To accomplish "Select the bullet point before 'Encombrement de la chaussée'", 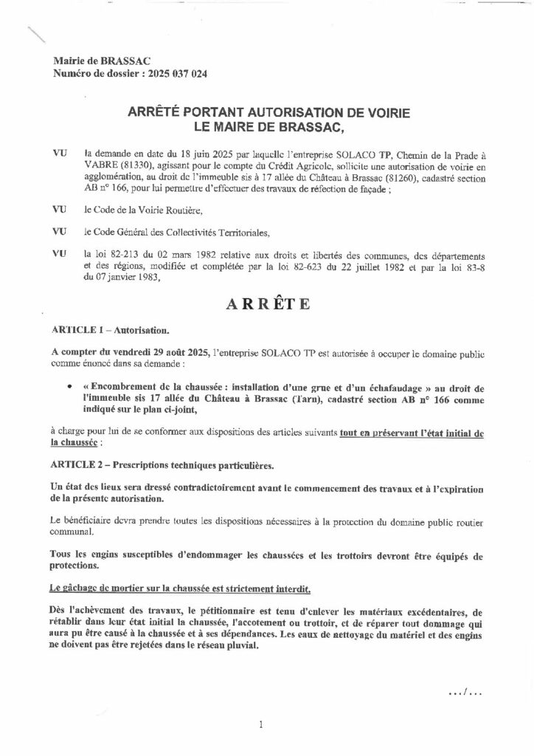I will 69,385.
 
